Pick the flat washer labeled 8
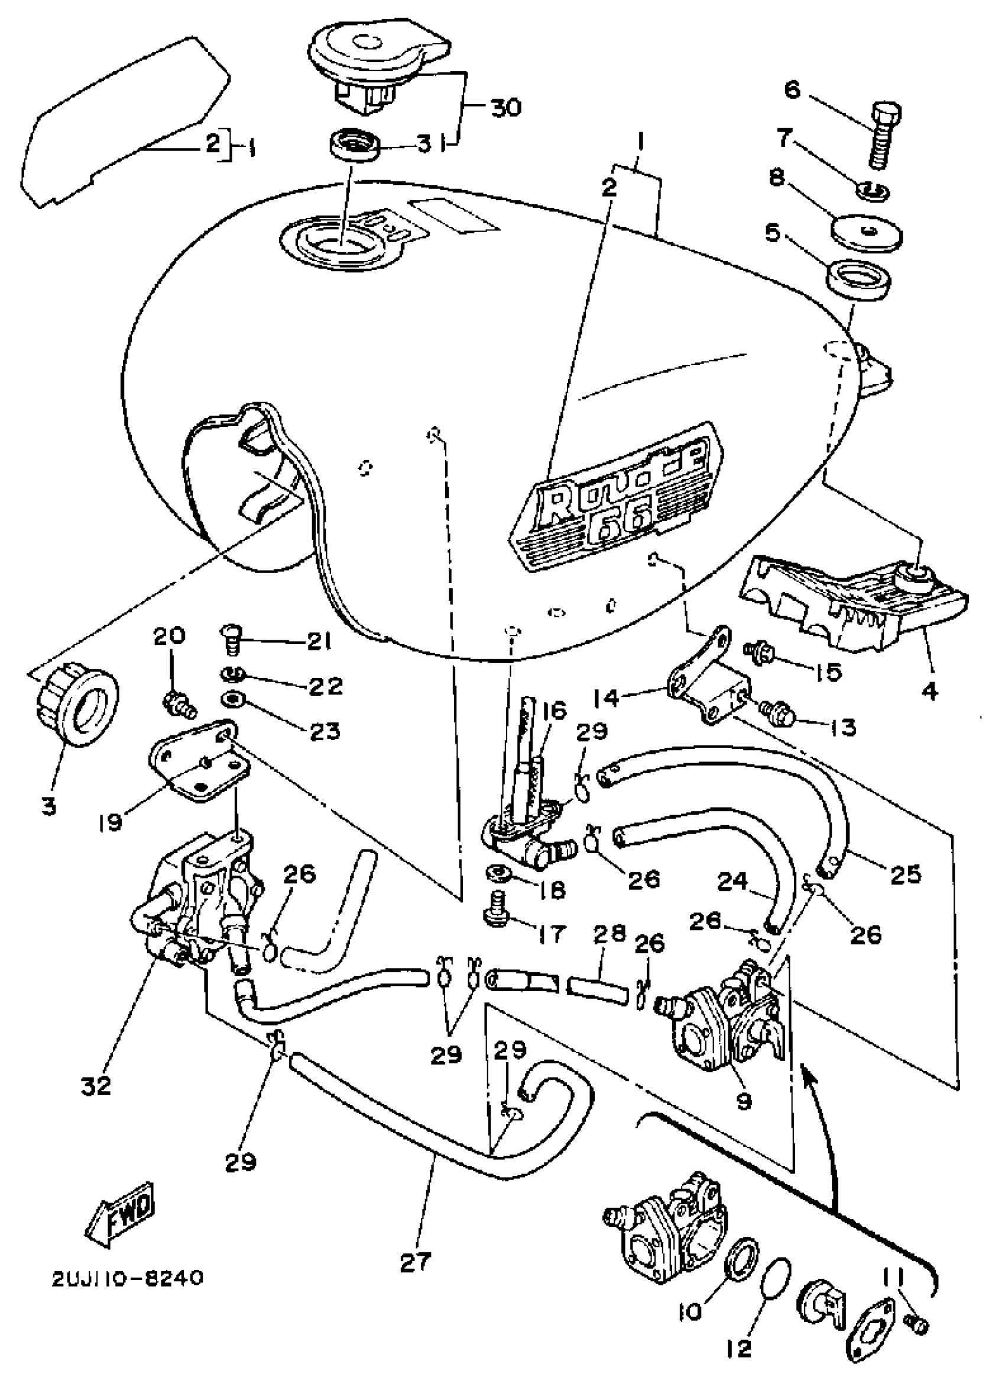(868, 232)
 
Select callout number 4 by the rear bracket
(929, 691)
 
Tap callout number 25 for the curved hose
(905, 874)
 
